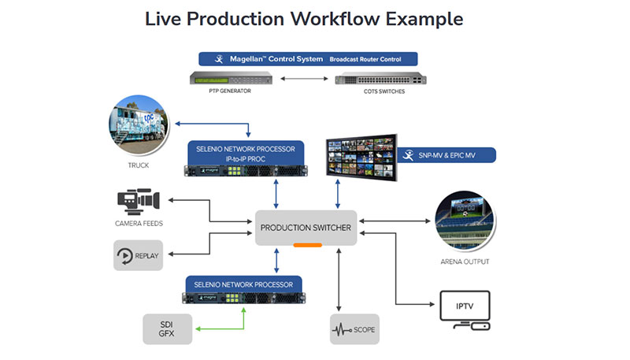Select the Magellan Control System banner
click(x=307, y=58)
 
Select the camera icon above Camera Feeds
click(x=139, y=200)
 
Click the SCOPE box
click(x=354, y=328)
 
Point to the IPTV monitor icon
click(x=462, y=310)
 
